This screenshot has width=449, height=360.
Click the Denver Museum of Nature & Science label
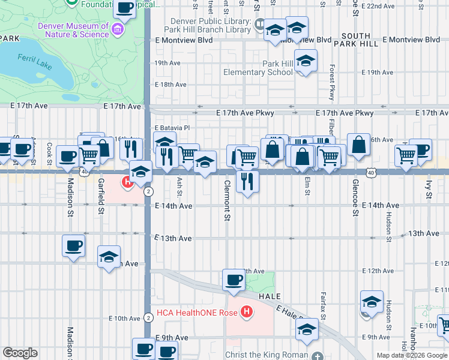pyautogui.click(x=74, y=30)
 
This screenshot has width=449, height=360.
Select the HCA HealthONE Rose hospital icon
pyautogui.click(x=246, y=312)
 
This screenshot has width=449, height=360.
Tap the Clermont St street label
pyautogui.click(x=228, y=201)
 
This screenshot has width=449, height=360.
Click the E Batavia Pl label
pyautogui.click(x=172, y=128)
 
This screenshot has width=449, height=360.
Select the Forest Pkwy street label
pyautogui.click(x=331, y=82)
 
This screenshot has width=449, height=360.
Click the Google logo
pyautogui.click(x=20, y=353)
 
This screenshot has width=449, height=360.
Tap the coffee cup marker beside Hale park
pyautogui.click(x=234, y=279)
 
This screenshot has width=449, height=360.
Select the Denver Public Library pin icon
pyautogui.click(x=260, y=25)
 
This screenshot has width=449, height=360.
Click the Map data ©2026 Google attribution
pyautogui.click(x=412, y=355)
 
